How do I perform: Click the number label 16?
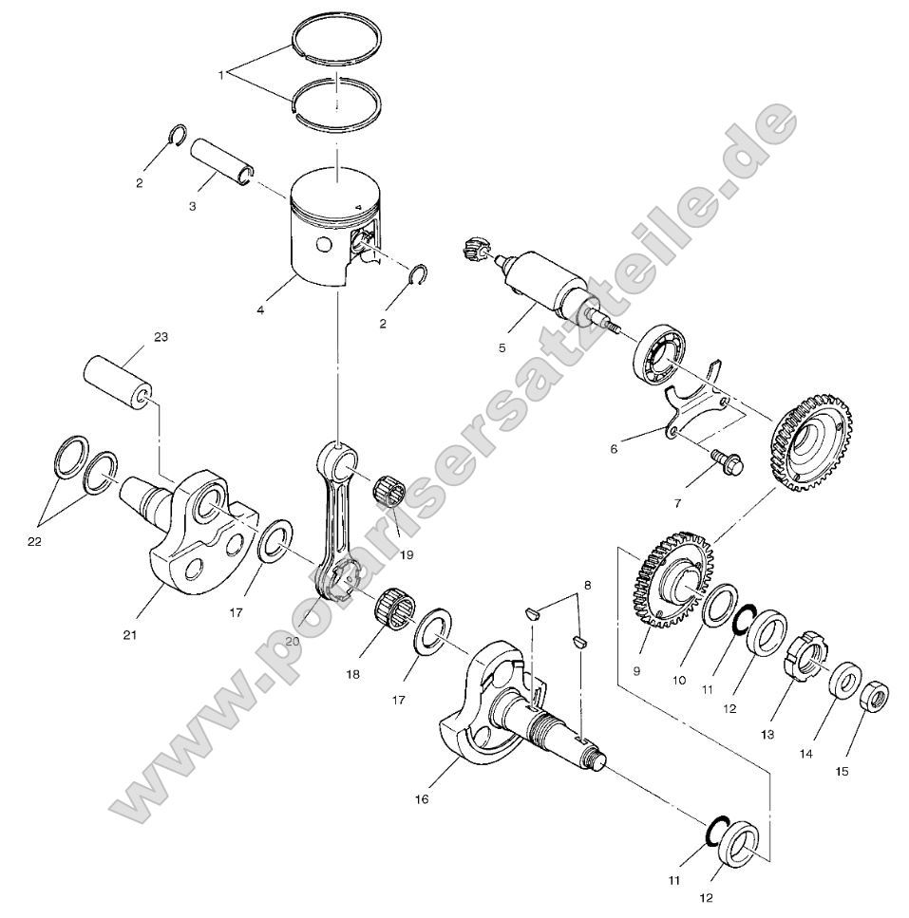coord(422,798)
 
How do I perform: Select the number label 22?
coord(36,542)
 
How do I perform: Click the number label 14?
coord(805,755)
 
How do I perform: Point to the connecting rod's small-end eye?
coord(343,463)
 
